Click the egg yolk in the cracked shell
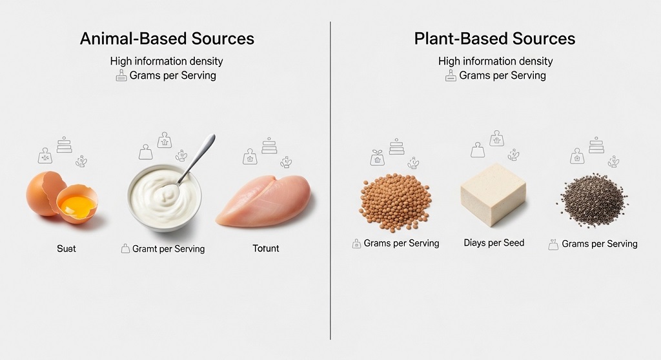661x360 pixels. [x=77, y=206]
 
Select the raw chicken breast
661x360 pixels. [x=264, y=201]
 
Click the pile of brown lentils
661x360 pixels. [x=396, y=202]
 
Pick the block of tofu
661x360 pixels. [x=493, y=194]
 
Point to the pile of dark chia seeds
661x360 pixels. [x=594, y=199]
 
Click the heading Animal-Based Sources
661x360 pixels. [x=167, y=39]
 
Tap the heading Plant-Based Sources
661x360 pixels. [x=494, y=39]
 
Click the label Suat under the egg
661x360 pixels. [x=66, y=249]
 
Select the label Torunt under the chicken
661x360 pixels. [x=265, y=248]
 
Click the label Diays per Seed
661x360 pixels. [x=494, y=243]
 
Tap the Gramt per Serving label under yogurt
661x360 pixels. [x=168, y=249]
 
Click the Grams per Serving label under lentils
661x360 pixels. [x=402, y=243]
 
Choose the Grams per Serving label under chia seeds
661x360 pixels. [x=600, y=244]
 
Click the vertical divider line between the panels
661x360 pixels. [x=330, y=181]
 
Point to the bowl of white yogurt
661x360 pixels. [x=165, y=198]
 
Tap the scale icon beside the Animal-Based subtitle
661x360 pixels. [x=121, y=75]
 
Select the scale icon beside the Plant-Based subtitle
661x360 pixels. [x=451, y=75]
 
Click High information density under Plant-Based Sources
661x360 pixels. [x=495, y=61]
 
